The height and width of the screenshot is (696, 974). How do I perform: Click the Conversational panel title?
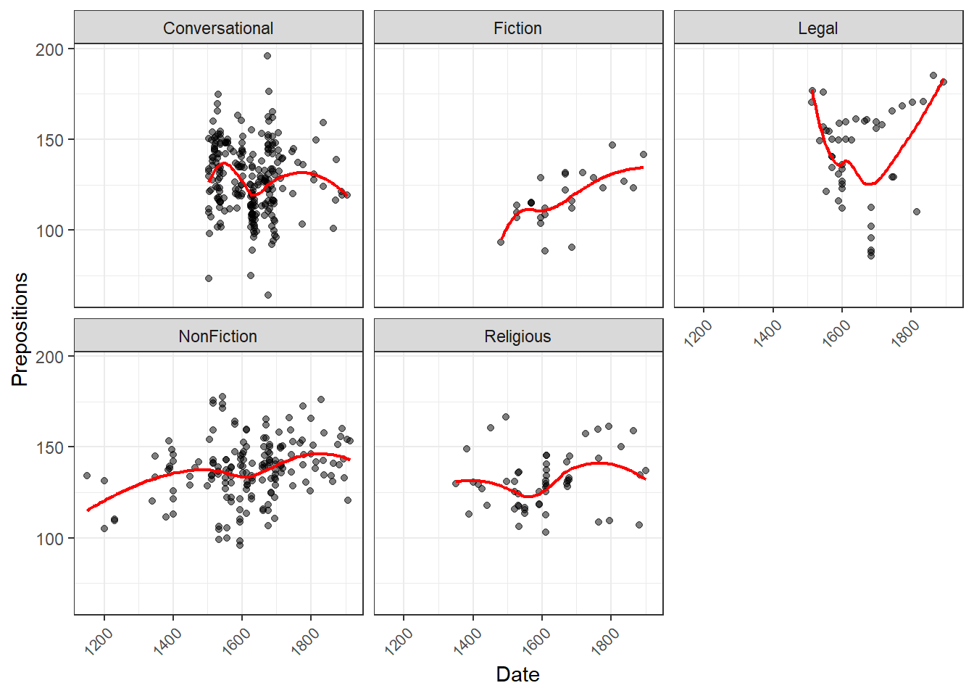[218, 28]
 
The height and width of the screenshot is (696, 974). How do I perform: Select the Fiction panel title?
[517, 28]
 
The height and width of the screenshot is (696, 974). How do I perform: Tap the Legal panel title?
[817, 28]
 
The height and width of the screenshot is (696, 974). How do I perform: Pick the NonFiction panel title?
[218, 336]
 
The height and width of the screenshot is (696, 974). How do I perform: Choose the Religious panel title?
[517, 336]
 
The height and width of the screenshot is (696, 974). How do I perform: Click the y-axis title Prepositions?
[20, 329]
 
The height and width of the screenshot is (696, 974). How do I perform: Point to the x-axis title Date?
[517, 674]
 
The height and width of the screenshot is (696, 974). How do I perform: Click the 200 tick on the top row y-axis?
[50, 49]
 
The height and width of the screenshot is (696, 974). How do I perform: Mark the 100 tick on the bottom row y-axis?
[50, 539]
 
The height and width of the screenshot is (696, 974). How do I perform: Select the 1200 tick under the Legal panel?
[699, 334]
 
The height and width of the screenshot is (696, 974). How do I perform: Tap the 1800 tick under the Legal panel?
[905, 334]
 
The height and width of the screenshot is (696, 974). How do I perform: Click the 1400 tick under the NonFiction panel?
[168, 642]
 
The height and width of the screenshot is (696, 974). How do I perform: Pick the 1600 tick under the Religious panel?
[536, 642]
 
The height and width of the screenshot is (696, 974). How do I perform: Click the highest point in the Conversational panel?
[267, 56]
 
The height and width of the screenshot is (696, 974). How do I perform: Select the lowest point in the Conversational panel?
[268, 295]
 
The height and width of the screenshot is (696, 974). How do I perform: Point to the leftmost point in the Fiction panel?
[501, 242]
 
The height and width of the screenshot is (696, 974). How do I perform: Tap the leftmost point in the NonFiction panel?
[87, 476]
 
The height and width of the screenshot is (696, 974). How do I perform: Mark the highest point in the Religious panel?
[506, 417]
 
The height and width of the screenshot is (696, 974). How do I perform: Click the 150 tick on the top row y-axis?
[50, 140]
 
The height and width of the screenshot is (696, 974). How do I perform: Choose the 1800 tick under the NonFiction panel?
[306, 642]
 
